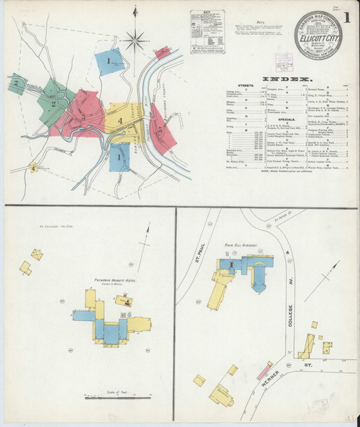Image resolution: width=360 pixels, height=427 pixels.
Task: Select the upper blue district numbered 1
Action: [110, 62]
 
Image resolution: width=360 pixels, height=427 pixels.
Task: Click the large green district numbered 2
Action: [53, 103]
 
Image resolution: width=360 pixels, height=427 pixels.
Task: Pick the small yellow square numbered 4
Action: [33, 169]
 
